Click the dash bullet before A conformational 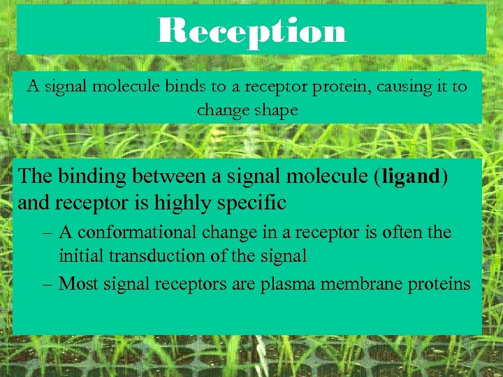[x=48, y=232]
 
